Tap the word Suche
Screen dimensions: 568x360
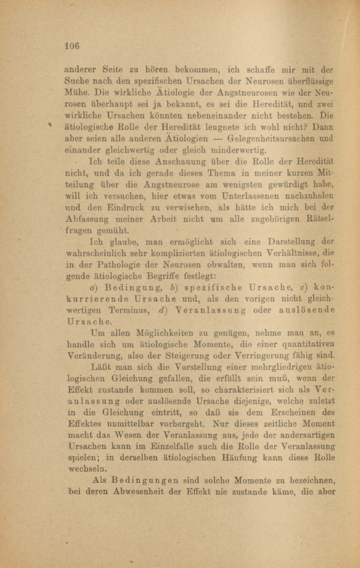(x=76, y=80)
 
